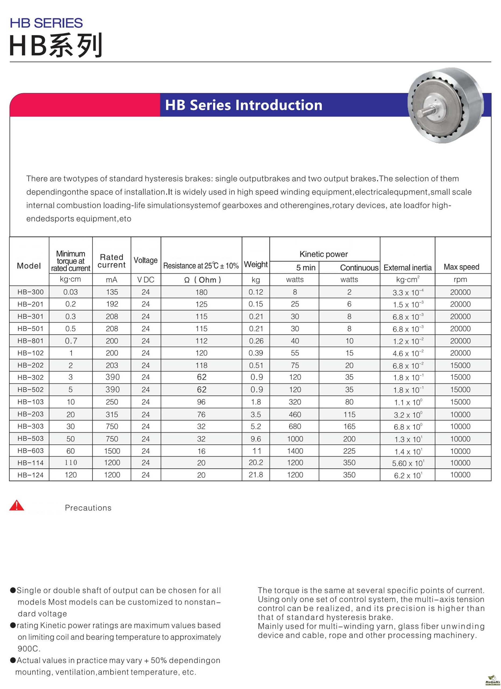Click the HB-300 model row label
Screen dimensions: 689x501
click(x=30, y=292)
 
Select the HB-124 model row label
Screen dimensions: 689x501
click(x=30, y=475)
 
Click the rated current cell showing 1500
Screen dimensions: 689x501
click(x=112, y=451)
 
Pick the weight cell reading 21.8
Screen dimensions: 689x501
click(x=256, y=475)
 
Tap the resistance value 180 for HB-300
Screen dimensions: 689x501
click(x=201, y=292)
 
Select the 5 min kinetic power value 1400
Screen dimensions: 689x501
click(x=295, y=451)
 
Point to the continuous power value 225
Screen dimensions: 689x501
click(x=349, y=451)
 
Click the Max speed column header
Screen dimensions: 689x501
click(x=461, y=267)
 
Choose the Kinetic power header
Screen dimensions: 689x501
click(x=323, y=254)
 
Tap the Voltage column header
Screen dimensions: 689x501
click(x=146, y=260)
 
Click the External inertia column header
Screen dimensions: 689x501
click(x=407, y=268)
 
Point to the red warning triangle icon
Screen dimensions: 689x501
click(x=17, y=505)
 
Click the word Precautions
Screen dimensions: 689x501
click(x=88, y=508)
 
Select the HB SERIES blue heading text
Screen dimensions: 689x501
click(x=46, y=23)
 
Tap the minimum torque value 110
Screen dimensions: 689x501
click(x=71, y=463)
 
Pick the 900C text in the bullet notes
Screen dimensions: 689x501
click(x=29, y=649)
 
